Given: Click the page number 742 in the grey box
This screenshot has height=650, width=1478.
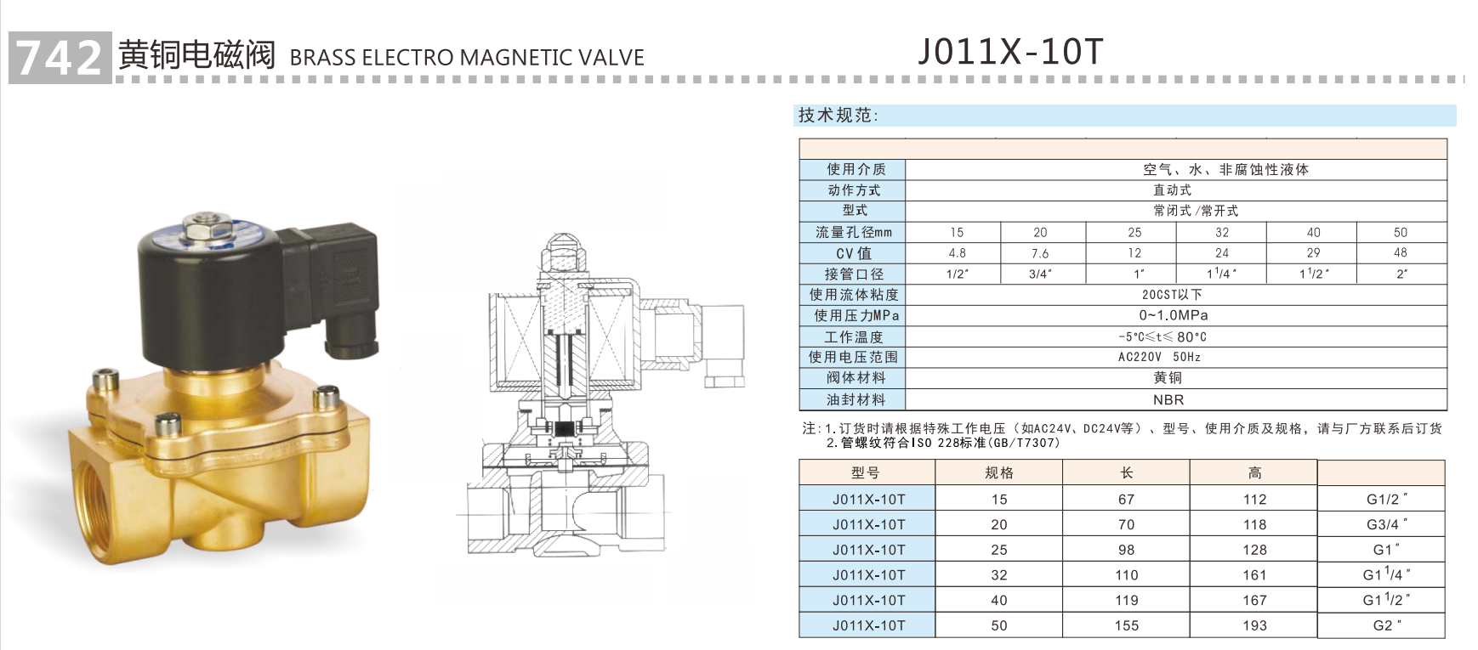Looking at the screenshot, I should coord(59,58).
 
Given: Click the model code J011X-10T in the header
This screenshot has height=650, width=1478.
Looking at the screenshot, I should coord(1010,52).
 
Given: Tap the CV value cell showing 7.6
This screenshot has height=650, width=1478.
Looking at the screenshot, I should coord(1040,253).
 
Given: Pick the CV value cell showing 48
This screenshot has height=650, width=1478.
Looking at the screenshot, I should coord(1400,252).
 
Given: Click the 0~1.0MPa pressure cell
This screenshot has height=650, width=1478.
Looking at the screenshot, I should coord(1174,315).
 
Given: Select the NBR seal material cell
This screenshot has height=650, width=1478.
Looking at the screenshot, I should coord(1168,399).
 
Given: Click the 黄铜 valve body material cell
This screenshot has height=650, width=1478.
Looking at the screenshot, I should coord(1168,378).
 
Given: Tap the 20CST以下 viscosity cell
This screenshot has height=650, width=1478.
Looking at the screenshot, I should coord(1172,295).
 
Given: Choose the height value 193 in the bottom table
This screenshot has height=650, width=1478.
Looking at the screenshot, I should coord(1254,625).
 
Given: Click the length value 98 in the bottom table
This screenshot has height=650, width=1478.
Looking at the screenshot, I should coord(1126,550).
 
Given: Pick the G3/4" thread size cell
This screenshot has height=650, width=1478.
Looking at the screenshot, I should coord(1385,524).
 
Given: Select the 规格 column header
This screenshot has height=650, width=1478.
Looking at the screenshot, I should coord(999,473).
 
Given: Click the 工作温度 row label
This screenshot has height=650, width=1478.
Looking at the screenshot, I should coord(853,336).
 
